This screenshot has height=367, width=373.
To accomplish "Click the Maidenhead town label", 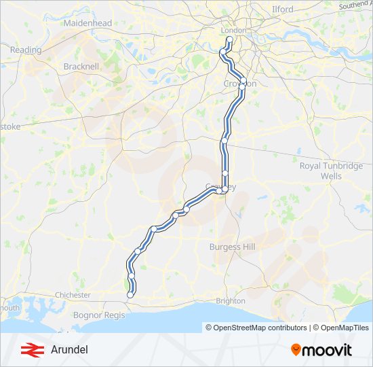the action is click(x=87, y=23).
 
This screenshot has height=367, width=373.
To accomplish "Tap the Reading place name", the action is click(x=26, y=50).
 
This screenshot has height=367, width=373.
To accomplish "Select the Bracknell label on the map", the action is click(x=81, y=67).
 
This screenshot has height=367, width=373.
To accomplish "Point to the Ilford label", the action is click(x=283, y=10).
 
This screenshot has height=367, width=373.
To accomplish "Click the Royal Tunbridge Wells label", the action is click(x=331, y=171).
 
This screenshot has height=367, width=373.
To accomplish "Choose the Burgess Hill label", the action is click(x=232, y=247).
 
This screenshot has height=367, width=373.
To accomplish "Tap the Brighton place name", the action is click(x=231, y=300).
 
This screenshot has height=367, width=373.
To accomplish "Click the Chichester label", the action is click(x=73, y=295).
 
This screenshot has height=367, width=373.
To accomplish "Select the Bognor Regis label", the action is click(x=99, y=315).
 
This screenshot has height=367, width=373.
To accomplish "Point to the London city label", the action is click(x=233, y=31).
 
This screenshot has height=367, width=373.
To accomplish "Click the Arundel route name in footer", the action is click(x=69, y=350).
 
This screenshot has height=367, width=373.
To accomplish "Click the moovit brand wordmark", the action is click(x=327, y=350).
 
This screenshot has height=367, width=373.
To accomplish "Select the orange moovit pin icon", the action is click(x=296, y=350).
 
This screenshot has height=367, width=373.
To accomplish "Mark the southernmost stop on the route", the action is click(x=130, y=295).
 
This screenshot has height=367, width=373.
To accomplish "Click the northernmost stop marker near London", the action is click(x=229, y=40).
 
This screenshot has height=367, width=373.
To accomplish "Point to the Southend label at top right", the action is click(x=355, y=4).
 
